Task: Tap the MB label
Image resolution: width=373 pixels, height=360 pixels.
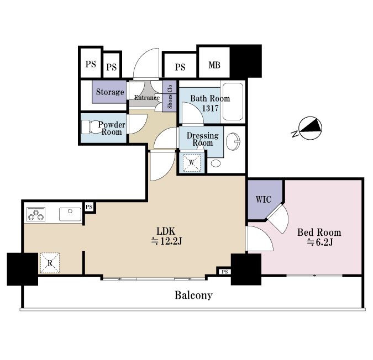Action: pyautogui.click(x=214, y=65)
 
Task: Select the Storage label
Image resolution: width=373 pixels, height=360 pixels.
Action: pyautogui.click(x=110, y=92)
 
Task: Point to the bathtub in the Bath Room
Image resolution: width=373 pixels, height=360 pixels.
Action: pyautogui.click(x=233, y=102)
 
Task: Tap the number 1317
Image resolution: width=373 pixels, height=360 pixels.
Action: pyautogui.click(x=211, y=108)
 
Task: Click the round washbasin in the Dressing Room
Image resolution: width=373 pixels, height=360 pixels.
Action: pyautogui.click(x=233, y=141)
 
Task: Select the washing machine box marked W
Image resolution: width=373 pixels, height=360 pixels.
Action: pyautogui.click(x=192, y=162)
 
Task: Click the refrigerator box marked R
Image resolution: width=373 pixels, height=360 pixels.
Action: pyautogui.click(x=50, y=263)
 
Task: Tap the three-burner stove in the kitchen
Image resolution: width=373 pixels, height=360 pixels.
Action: pyautogui.click(x=36, y=214)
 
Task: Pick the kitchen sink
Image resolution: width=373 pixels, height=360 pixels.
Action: pyautogui.click(x=70, y=214)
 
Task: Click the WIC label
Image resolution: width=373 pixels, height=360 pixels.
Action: pyautogui.click(x=264, y=199)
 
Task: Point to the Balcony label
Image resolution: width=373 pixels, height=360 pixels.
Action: pyautogui.click(x=193, y=295)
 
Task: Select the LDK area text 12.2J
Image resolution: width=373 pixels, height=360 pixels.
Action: pyautogui.click(x=167, y=241)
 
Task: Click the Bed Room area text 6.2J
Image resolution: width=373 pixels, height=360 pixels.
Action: pyautogui.click(x=320, y=242)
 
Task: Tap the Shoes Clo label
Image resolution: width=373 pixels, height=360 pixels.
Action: pyautogui.click(x=170, y=97)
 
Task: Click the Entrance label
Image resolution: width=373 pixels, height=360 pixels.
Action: pyautogui.click(x=147, y=98)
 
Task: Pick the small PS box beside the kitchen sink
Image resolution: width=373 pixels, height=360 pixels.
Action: pyautogui.click(x=89, y=207)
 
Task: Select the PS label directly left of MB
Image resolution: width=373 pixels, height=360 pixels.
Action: pyautogui.click(x=180, y=67)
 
